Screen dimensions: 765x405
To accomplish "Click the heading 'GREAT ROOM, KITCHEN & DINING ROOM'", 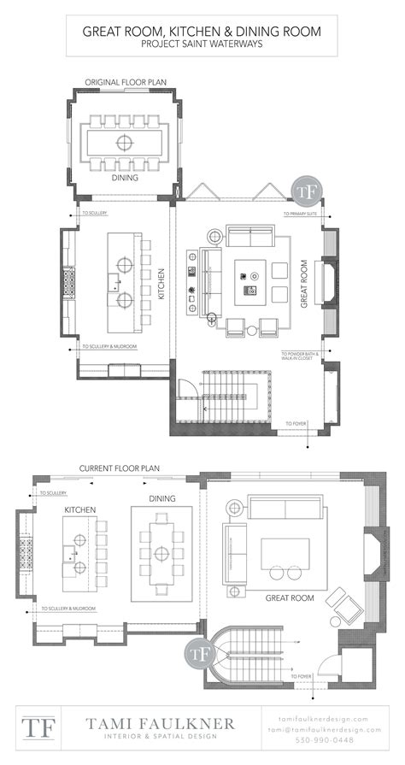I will pyautogui.click(x=202, y=31).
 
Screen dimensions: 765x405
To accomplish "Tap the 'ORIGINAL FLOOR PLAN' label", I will pyautogui.click(x=126, y=82).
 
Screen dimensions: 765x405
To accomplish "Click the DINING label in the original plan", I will pyautogui.click(x=126, y=179).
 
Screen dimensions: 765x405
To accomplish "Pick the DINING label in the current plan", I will pyautogui.click(x=161, y=498).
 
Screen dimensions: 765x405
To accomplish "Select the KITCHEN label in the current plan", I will pyautogui.click(x=79, y=510).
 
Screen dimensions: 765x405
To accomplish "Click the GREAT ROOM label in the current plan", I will pyautogui.click(x=289, y=598).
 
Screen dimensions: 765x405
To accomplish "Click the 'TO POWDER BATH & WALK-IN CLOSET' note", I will pyautogui.click(x=299, y=355).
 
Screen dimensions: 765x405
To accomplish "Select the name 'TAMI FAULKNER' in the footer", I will pyautogui.click(x=160, y=724).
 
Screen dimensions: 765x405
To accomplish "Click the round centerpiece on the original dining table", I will pyautogui.click(x=125, y=140).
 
